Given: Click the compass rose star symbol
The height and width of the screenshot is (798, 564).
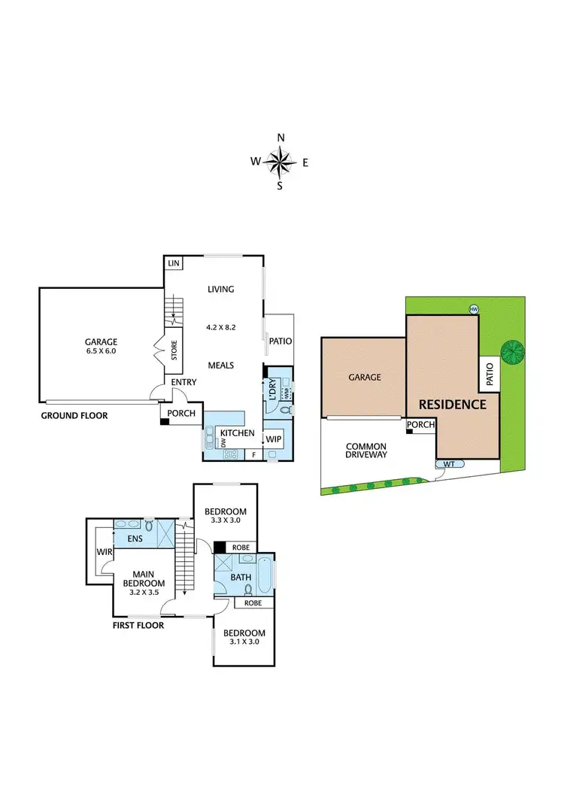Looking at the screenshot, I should click(x=280, y=161).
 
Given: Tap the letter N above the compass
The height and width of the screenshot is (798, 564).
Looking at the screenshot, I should click(x=280, y=138).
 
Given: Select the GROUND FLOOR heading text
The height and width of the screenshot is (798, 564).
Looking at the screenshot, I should click(x=74, y=415).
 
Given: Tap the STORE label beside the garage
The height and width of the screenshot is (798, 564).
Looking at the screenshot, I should click(x=174, y=351).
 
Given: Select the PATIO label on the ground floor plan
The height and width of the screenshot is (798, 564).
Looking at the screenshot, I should click(x=280, y=341).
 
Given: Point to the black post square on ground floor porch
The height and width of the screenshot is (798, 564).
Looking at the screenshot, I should click(x=164, y=422).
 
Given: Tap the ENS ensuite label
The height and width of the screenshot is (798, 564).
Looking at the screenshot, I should click(x=135, y=539).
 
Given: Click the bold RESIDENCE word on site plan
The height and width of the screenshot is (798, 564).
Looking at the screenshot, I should click(x=452, y=404).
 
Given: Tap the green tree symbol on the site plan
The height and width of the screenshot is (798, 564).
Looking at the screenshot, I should click(x=512, y=351).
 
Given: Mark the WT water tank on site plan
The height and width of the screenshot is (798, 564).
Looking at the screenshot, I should click(x=449, y=464).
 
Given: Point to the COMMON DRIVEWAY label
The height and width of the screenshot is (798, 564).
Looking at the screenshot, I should click(x=366, y=450).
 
